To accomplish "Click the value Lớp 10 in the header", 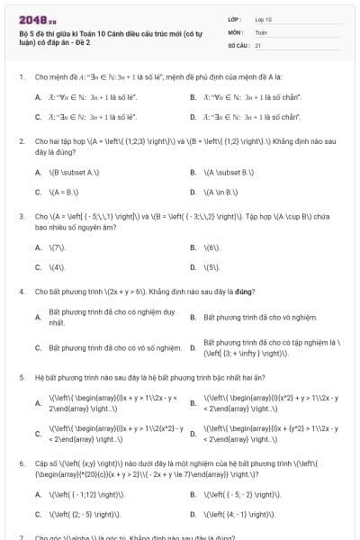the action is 264,19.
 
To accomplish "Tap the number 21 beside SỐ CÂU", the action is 258,44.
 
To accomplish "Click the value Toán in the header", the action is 261,31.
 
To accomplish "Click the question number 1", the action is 21,77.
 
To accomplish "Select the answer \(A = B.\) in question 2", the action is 64,192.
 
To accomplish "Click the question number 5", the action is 21,379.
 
